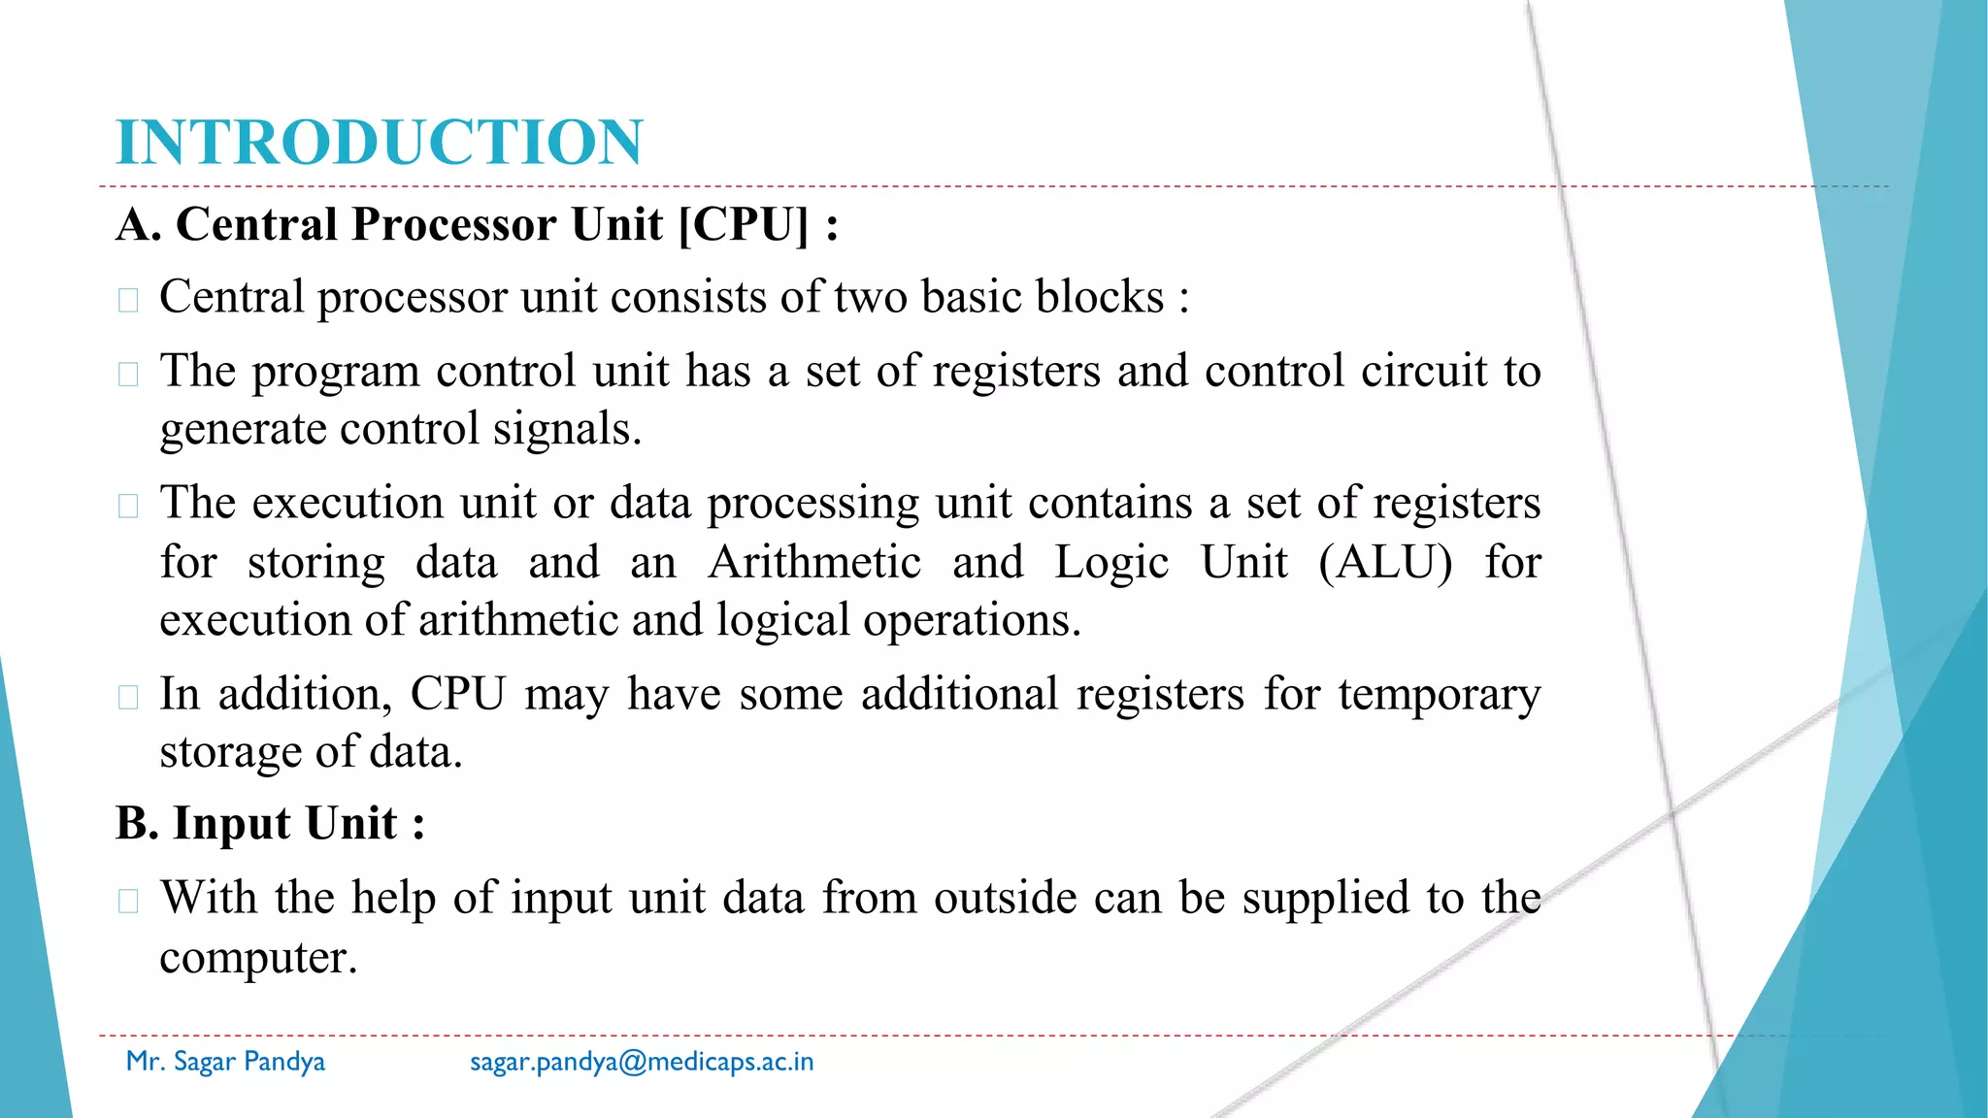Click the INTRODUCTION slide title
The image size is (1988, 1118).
click(x=379, y=142)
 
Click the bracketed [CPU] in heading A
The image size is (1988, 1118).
click(x=744, y=225)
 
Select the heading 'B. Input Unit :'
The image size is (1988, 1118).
click(x=270, y=824)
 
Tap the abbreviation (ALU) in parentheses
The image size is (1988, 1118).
click(x=1385, y=562)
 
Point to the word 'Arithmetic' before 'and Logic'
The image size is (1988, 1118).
click(x=814, y=562)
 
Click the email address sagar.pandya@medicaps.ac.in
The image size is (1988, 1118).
click(x=642, y=1062)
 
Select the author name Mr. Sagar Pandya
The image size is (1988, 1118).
click(x=225, y=1062)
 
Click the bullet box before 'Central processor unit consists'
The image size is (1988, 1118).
click(x=128, y=300)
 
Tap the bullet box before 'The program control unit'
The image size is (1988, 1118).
click(x=128, y=374)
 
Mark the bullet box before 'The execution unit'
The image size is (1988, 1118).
click(x=128, y=506)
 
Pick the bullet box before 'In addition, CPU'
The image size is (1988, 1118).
click(x=128, y=697)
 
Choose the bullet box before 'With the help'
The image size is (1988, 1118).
click(x=128, y=901)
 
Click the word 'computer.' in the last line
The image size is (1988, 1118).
click(x=258, y=959)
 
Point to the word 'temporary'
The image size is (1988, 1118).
click(x=1439, y=695)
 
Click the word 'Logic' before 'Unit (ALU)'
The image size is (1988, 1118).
click(x=1111, y=562)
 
